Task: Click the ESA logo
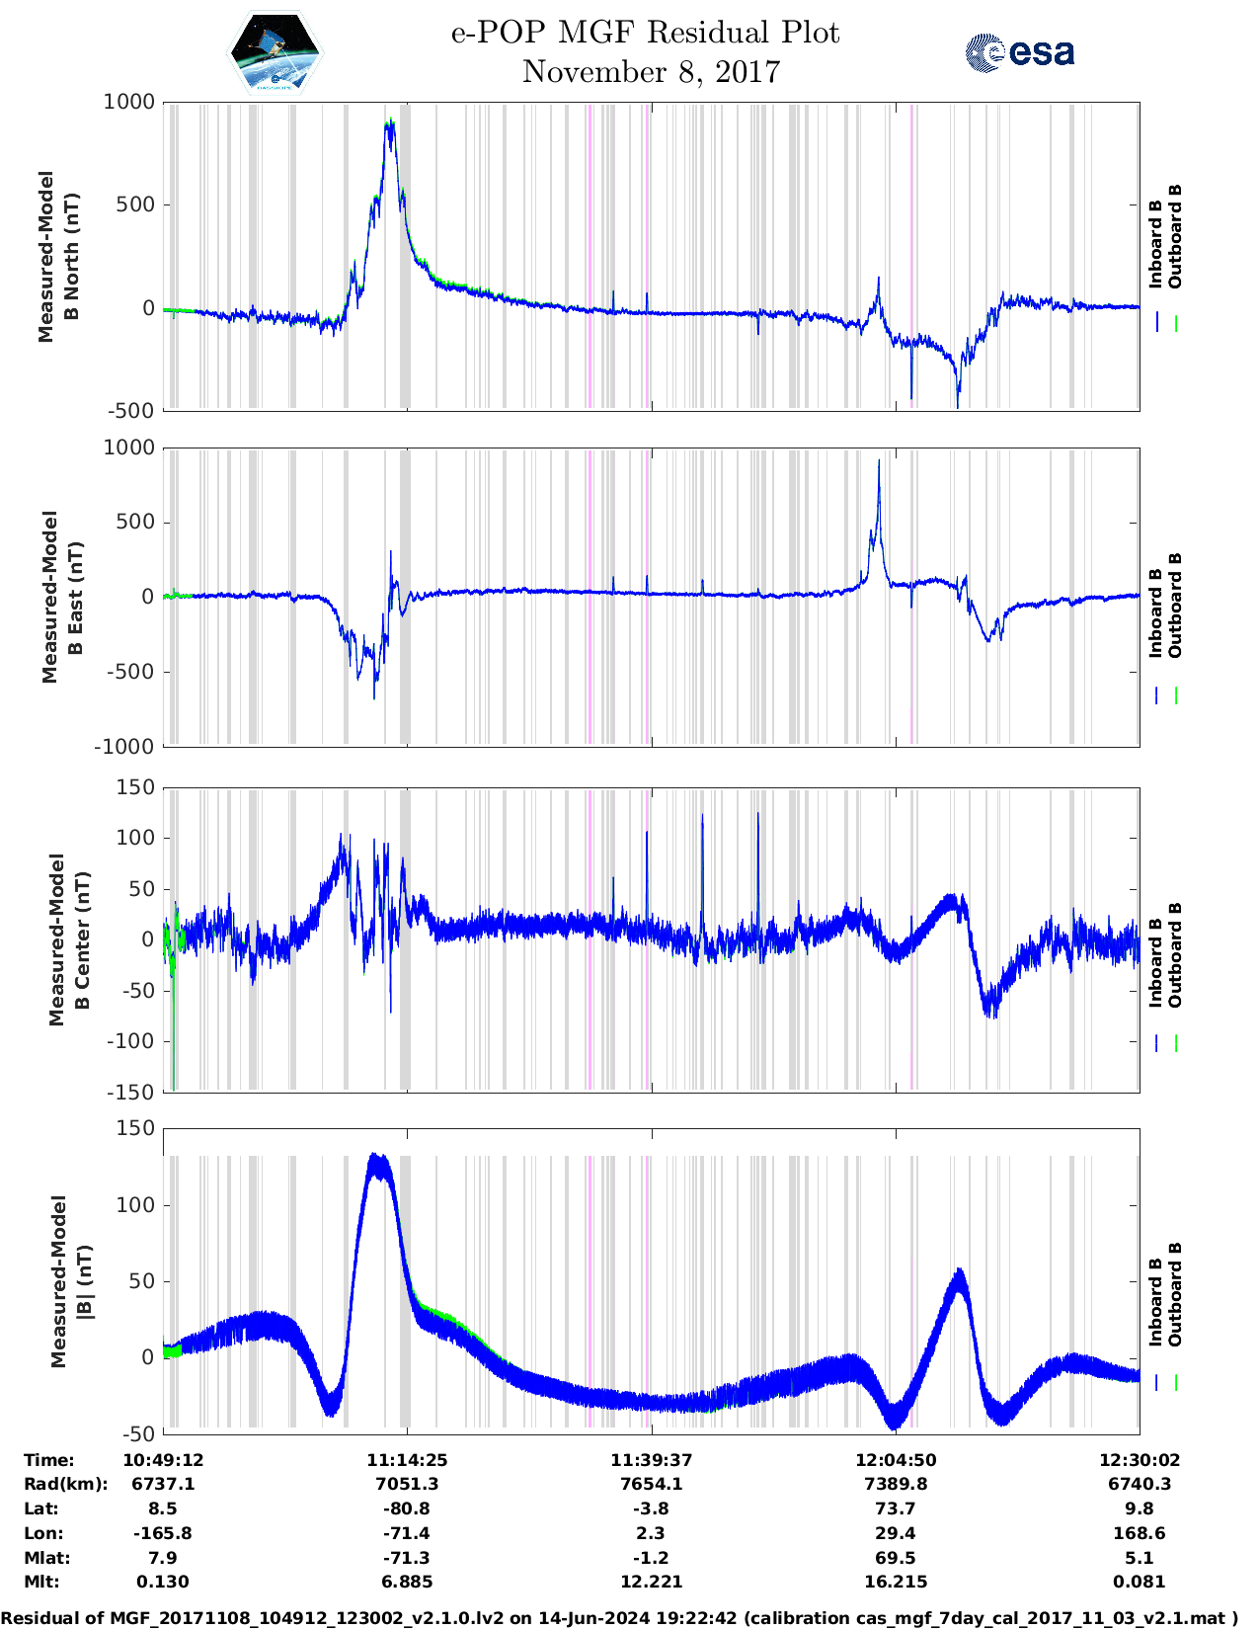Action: point(1020,52)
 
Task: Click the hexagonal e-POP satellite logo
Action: point(275,52)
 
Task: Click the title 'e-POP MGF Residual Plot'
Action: point(645,33)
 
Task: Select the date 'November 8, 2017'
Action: point(651,72)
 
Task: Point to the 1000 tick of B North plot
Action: point(129,102)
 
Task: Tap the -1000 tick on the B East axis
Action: point(124,747)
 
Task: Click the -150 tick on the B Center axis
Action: point(130,1092)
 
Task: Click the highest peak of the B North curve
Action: point(390,122)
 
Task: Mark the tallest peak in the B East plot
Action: point(879,460)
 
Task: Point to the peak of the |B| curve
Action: point(374,1155)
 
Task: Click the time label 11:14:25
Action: point(407,1460)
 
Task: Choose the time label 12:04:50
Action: point(896,1460)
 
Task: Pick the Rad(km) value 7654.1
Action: point(651,1484)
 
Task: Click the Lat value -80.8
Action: point(407,1508)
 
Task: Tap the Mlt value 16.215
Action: point(896,1582)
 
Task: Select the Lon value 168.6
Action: point(1140,1533)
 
